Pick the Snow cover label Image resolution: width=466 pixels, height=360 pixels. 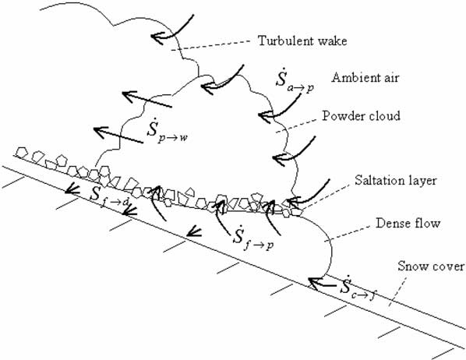pyautogui.click(x=433, y=266)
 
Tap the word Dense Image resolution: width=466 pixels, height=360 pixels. pyautogui.click(x=381, y=224)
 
